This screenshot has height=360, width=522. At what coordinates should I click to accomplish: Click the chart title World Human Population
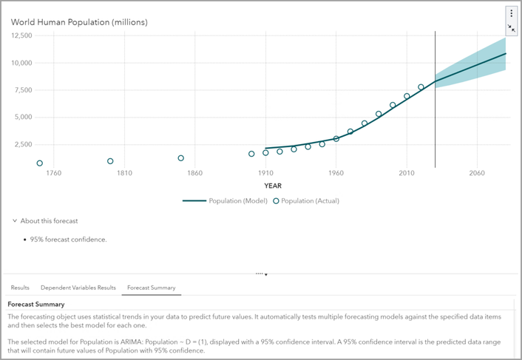pos(79,22)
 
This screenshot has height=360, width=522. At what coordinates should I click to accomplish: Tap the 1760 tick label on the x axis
pos(54,174)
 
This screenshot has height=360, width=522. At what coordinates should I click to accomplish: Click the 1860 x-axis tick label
pos(194,174)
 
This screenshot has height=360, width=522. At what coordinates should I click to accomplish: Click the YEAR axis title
pos(273,186)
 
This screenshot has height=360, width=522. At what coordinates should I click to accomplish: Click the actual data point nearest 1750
pos(40,163)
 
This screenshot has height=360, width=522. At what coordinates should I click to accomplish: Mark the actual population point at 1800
pos(110,161)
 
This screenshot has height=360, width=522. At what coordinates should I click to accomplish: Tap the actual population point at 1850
pos(180,158)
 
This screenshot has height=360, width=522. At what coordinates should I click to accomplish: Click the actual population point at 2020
pos(421,87)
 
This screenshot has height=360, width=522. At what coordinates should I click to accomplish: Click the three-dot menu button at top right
pos(511,13)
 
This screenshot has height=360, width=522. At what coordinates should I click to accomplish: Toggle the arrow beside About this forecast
pos(14,221)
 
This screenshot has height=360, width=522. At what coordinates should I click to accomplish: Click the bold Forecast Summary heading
pos(35,304)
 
